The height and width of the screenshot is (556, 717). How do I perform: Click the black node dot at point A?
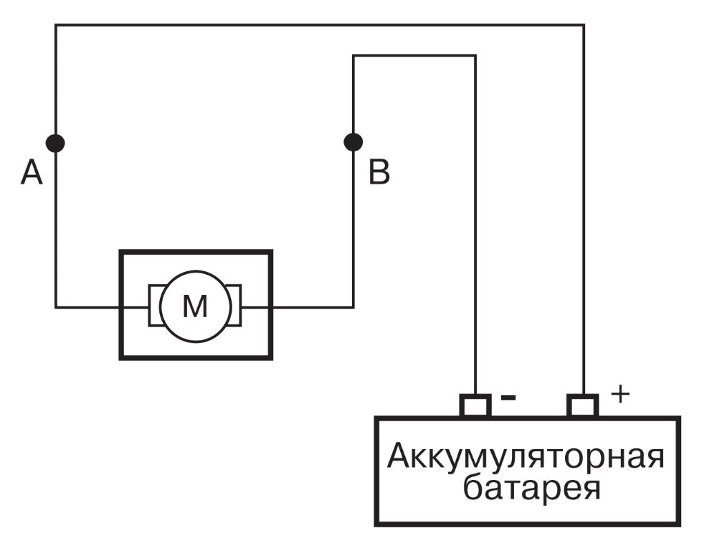coord(55,143)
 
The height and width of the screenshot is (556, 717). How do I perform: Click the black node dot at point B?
coord(353,142)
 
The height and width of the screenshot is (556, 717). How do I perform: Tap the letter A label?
coord(32,173)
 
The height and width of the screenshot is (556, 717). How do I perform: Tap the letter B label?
coord(379,172)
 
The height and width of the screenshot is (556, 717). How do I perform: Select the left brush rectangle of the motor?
coord(155,305)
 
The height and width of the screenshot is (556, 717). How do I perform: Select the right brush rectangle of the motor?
coord(234,305)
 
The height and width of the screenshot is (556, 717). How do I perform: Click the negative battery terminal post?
coord(475,405)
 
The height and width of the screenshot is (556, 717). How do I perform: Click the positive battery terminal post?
coord(582,405)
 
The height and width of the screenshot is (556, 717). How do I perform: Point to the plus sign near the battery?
coord(620,394)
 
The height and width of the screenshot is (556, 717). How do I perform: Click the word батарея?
coord(531,488)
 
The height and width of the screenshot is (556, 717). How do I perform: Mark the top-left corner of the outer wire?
coord(56,24)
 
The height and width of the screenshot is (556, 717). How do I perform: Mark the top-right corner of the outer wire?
coord(584,24)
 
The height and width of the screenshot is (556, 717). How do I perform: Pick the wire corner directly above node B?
coord(353,56)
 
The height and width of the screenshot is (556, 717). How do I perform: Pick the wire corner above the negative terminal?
coord(475,56)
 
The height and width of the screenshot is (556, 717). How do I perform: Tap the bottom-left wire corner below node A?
coord(56,307)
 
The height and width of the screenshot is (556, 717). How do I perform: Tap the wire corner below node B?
coord(353,307)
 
